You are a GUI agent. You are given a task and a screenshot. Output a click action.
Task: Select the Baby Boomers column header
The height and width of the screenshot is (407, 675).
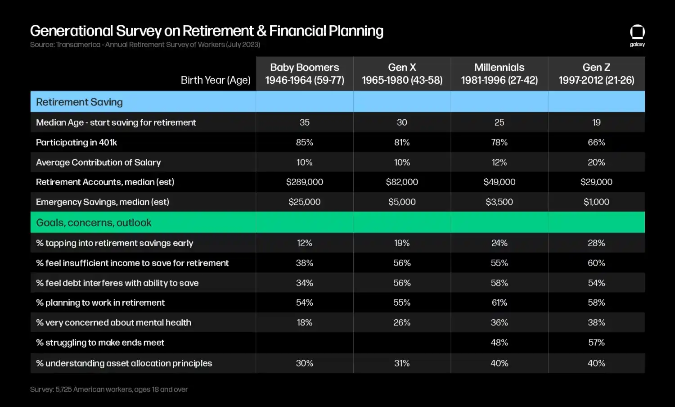coord(305,74)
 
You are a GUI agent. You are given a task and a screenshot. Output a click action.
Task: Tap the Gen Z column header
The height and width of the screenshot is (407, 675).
coord(596,74)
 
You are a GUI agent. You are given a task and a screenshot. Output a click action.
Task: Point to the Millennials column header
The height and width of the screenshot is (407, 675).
coord(499,74)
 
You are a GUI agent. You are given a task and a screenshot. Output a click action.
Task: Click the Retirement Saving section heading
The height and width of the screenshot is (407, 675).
coord(79,102)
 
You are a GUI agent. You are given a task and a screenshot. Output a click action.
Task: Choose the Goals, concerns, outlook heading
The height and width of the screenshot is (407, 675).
coord(94,222)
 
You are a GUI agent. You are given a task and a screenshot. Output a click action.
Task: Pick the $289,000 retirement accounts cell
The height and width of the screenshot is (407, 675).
coord(305,182)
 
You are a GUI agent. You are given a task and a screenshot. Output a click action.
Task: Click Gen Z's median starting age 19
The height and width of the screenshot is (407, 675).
coord(596,122)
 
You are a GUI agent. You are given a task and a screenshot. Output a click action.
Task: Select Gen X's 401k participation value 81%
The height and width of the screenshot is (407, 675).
coord(402,142)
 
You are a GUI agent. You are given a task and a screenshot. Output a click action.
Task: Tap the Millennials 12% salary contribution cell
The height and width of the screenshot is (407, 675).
coord(499,162)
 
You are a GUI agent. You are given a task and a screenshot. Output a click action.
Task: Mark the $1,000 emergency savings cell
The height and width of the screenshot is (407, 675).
coord(596,202)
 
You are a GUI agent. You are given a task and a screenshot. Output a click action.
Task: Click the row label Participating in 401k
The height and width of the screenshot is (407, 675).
coord(76,142)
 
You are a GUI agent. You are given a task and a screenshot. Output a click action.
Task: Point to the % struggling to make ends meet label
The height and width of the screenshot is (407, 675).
coord(100,343)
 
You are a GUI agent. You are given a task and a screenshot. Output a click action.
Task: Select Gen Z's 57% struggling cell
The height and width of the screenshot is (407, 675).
coord(596,343)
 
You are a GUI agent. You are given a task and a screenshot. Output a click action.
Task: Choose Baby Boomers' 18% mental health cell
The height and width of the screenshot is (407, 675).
coord(305,322)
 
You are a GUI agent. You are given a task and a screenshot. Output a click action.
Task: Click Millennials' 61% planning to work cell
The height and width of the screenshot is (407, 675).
coord(499,303)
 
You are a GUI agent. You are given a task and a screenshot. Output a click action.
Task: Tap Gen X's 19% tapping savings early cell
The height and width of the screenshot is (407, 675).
coord(402,243)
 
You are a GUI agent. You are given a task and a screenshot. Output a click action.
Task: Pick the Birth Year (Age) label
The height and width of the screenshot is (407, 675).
coord(216,80)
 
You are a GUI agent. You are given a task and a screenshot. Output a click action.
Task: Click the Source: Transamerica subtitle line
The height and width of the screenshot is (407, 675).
coord(145,45)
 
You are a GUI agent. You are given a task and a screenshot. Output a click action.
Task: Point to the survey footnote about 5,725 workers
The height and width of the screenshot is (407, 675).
coord(109,389)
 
